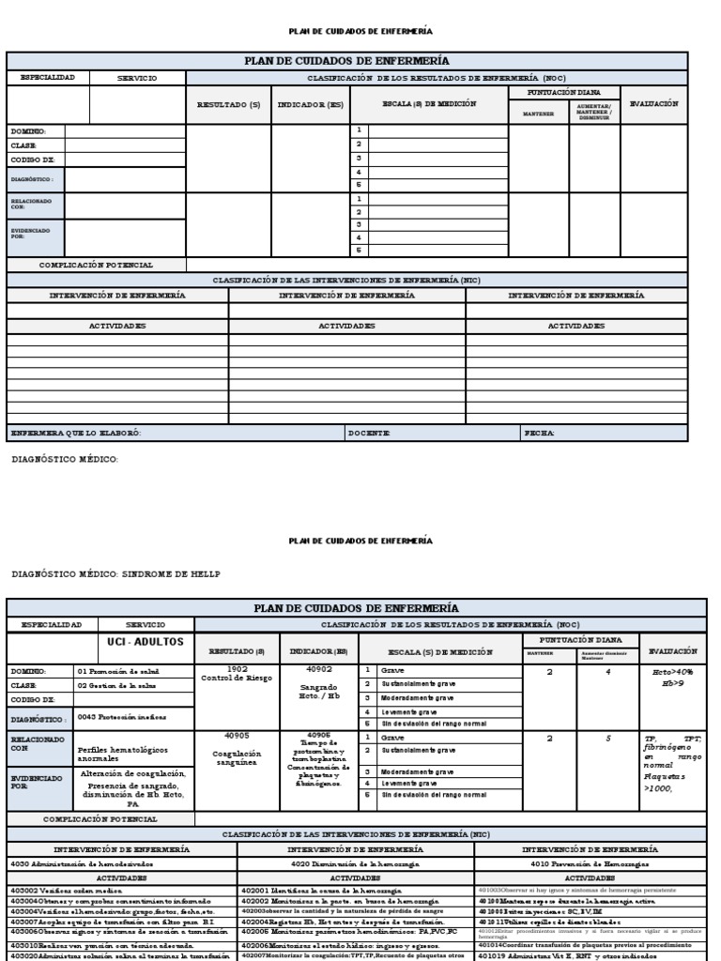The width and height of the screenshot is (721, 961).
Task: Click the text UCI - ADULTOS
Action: tap(146, 643)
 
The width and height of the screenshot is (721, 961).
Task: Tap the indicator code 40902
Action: tap(319, 670)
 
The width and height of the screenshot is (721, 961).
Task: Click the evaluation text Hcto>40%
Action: tap(672, 672)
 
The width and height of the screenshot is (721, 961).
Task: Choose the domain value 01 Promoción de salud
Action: tap(120, 672)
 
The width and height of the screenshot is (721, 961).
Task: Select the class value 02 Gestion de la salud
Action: tap(119, 686)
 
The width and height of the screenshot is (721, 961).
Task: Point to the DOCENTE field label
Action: tap(369, 433)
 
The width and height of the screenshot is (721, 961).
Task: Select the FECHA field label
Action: tap(541, 433)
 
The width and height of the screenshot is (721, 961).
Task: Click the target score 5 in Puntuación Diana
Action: tap(607, 739)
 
